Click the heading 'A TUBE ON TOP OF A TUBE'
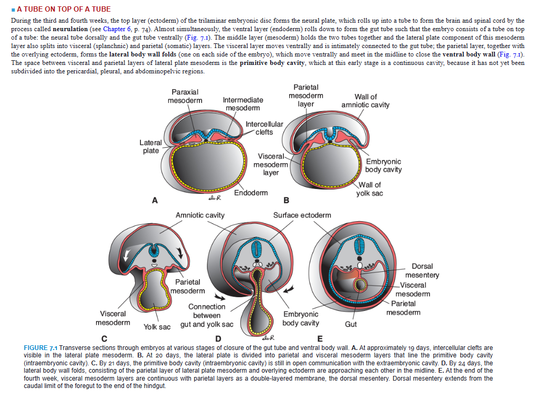(64, 9)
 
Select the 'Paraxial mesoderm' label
(185, 96)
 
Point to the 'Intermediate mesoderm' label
(243, 103)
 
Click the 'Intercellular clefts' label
(264, 128)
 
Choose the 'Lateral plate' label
(151, 146)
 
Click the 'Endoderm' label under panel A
(251, 193)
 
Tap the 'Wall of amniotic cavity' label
(365, 100)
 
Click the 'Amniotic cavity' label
(200, 215)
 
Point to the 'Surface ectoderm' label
(302, 215)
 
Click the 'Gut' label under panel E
(350, 324)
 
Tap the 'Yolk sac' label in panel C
(157, 327)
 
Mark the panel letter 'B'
(287, 200)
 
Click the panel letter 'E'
(319, 338)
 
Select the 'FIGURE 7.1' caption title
(41, 348)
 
